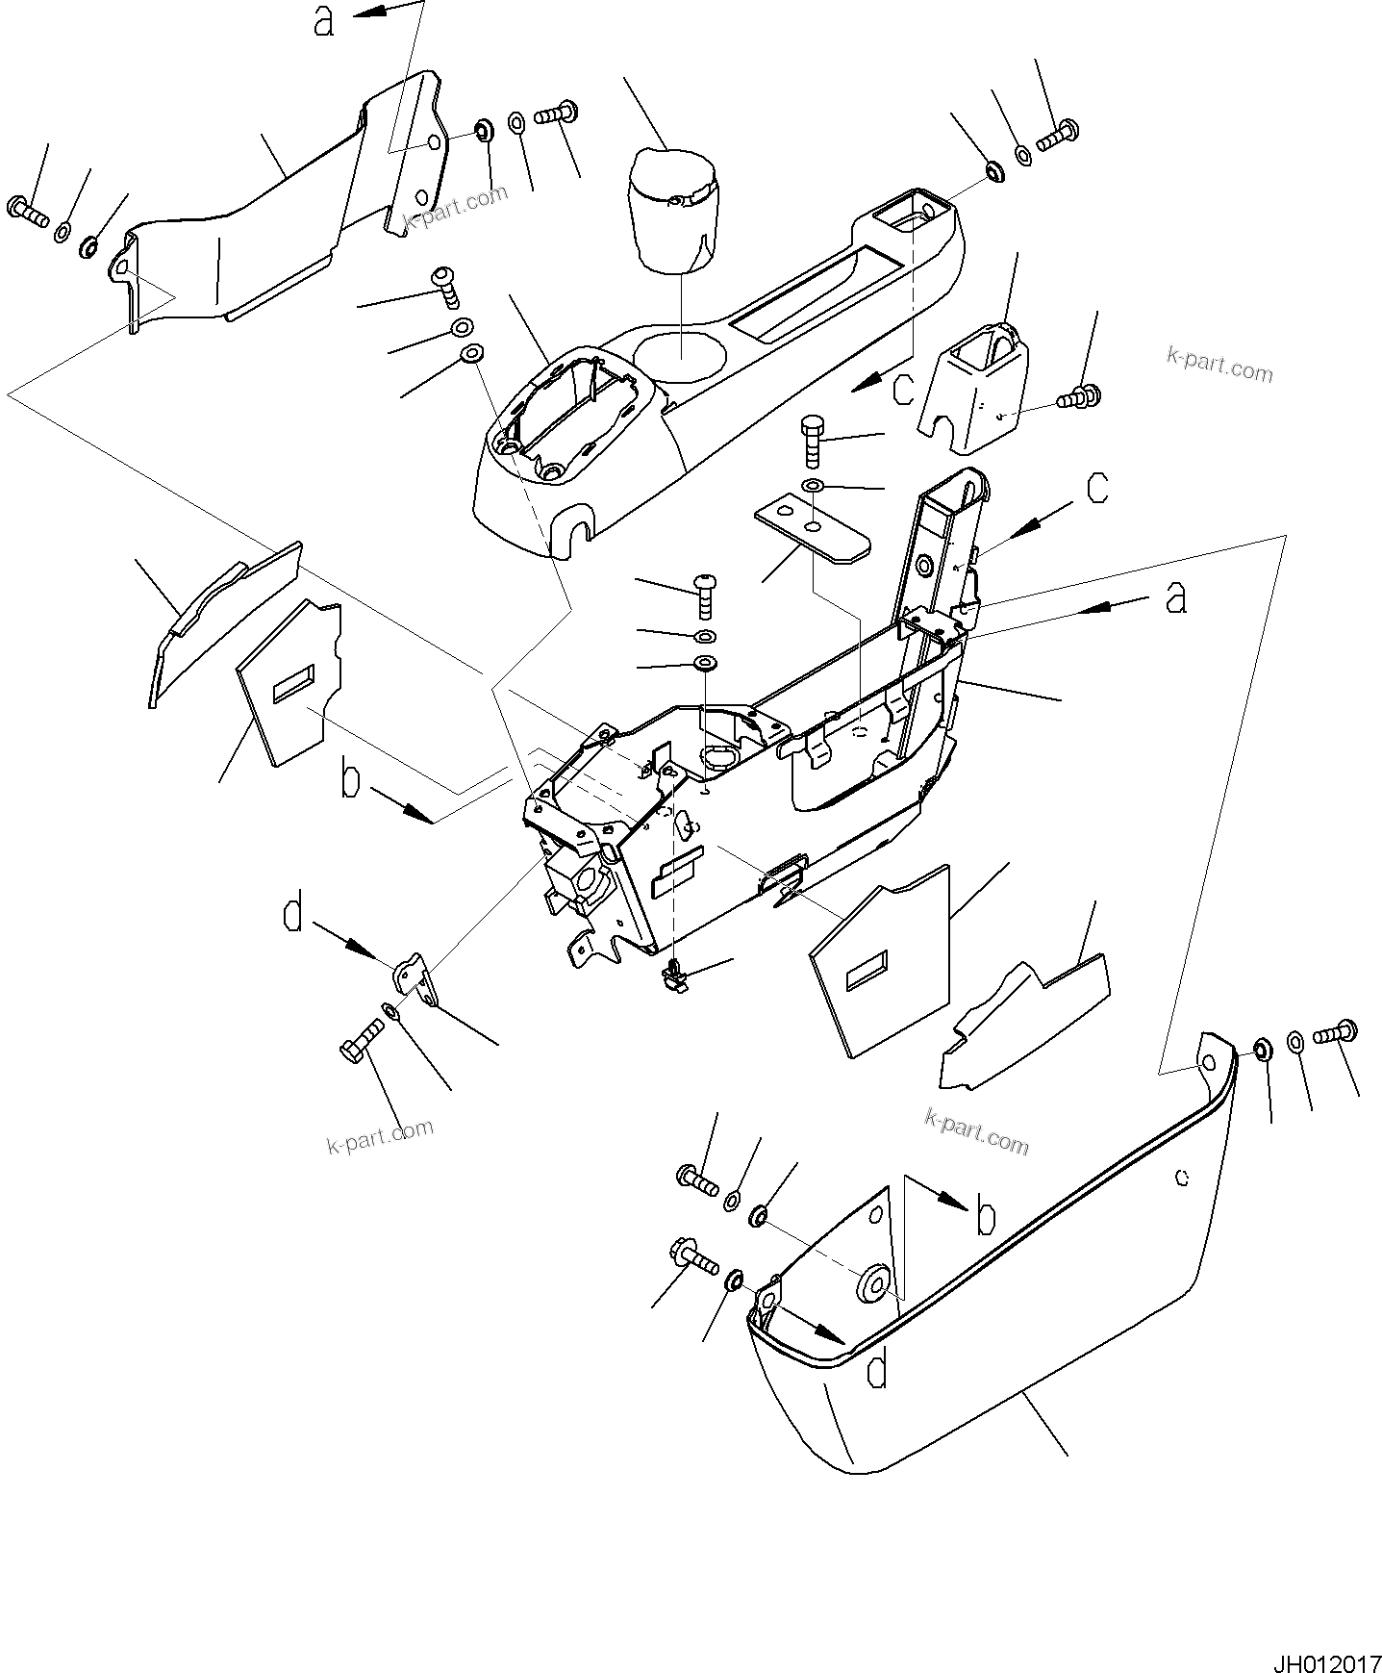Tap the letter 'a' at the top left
(324, 21)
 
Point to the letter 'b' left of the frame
(350, 780)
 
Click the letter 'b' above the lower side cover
(984, 1217)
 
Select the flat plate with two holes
(813, 530)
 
